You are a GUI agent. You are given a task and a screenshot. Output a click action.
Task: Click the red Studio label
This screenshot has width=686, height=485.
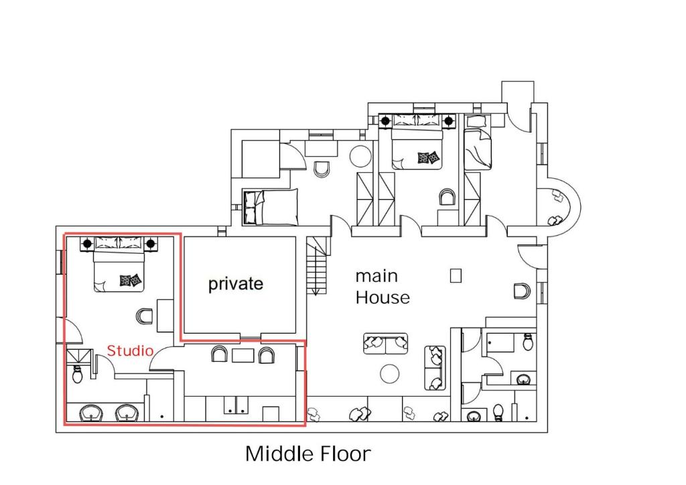coord(130,350)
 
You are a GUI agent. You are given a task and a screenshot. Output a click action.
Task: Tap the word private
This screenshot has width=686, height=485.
coord(235,284)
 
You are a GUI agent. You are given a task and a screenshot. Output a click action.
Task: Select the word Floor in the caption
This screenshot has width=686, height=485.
coord(346,454)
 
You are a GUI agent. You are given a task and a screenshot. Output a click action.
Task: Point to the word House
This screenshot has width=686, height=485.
coord(383,297)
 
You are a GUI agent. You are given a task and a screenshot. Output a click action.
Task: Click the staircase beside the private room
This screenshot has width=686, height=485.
coord(317,266)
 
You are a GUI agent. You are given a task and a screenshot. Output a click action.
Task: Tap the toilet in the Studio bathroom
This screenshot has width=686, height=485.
coord(78,374)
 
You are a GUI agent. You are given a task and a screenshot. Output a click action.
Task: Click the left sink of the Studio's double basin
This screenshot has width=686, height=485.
coord(91,413)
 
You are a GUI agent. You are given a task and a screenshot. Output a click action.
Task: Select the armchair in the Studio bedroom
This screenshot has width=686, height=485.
coord(145,316)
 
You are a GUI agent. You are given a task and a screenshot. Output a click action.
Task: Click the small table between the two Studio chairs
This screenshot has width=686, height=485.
coord(243,355)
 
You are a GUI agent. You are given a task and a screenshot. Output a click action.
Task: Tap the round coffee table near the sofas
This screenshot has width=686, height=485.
coord(389,374)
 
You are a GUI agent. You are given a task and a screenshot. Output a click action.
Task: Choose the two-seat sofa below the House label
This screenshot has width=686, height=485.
coord(385,344)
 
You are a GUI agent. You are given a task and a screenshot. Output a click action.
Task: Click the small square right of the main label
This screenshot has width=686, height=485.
coord(456,276)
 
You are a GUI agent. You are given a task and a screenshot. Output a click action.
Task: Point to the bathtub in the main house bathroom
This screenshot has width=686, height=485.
coord(500,343)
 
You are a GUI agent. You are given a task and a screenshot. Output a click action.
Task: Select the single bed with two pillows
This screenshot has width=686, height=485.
coord(271,207)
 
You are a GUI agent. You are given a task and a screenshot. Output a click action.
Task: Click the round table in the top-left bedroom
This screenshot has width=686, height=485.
coord(360,155)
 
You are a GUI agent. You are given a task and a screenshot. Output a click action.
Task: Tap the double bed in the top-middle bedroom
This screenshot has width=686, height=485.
coord(417,142)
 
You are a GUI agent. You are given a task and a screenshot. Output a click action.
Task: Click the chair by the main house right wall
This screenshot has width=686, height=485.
coord(523,291)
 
